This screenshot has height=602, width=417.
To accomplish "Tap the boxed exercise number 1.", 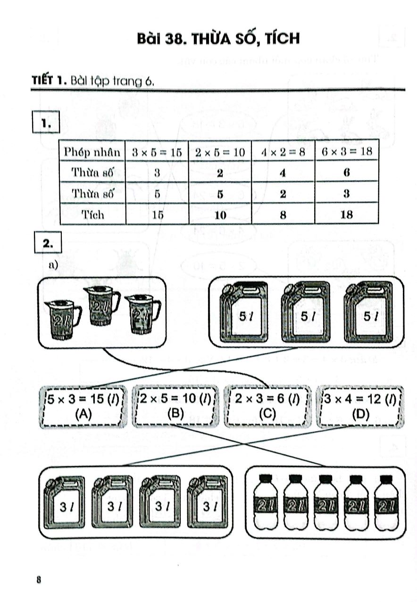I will coord(46,124).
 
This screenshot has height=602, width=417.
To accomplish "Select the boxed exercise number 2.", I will coord(46,243).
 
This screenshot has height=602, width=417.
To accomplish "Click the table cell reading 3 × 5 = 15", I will coord(157,151).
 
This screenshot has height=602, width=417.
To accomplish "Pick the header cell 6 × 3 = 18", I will coord(347,151).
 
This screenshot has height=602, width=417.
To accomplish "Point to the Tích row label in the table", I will coord(92,215).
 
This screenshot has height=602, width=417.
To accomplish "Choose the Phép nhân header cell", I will coord(92,151).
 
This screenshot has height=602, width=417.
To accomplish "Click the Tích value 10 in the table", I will coord(220,215).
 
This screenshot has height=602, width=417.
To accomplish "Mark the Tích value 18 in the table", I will coord(347,215).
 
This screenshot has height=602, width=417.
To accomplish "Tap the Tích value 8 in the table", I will coord(283,215).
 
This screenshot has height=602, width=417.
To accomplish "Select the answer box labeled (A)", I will coord(83,406).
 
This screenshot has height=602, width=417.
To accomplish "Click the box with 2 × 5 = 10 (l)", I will coord(175,406).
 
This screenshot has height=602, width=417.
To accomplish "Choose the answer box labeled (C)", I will coord(267,406).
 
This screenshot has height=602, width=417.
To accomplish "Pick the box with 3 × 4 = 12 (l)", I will coord(359,406).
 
